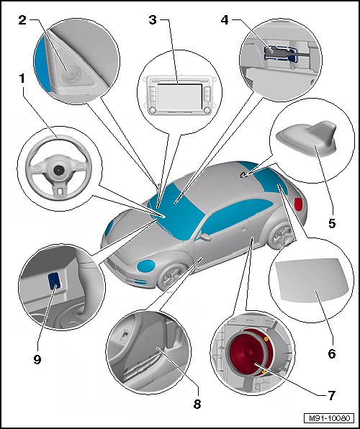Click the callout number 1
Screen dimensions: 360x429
click(22, 79)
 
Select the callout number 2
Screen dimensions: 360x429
click(22, 20)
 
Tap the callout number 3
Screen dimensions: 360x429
click(153, 20)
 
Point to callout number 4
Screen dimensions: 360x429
click(225, 20)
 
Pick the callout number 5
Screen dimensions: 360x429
click(332, 224)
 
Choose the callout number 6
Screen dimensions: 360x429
click(332, 353)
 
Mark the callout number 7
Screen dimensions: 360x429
click(331, 396)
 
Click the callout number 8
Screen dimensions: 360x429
click(197, 404)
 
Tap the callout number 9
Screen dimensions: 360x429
click(37, 359)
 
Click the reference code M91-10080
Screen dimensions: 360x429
click(329, 418)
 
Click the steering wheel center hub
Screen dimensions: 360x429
click(58, 170)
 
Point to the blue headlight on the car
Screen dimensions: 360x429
click(146, 266)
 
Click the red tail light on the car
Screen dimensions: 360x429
click(298, 204)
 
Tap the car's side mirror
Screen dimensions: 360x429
click(205, 236)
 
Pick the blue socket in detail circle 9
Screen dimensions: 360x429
click(54, 281)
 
